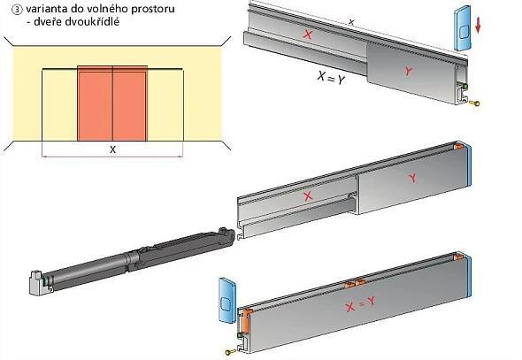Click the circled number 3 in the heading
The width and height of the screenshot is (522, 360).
16,10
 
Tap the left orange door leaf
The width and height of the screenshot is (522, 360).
95,103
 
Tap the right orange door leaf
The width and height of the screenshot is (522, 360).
130,103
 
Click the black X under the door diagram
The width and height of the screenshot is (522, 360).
113,149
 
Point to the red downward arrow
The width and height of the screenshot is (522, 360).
478,26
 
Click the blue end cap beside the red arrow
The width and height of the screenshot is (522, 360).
462,28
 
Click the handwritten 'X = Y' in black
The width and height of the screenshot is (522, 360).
331,78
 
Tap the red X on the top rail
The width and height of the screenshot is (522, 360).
308,34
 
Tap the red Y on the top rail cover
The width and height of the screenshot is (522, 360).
408,71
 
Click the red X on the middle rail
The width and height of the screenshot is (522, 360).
308,196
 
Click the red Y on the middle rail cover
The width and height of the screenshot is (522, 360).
413,178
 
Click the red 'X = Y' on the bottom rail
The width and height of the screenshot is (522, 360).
360,303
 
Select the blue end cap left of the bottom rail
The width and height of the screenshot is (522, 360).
227,301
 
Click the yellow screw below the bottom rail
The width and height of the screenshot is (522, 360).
230,351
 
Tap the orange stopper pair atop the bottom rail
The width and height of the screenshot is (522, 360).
355,283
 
